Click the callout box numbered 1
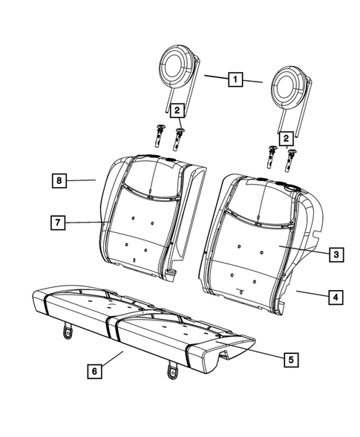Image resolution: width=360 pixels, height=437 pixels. coord(235,78)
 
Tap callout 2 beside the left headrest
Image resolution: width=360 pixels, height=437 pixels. coord(177,111)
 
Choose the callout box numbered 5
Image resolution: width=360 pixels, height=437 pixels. coord(290,360)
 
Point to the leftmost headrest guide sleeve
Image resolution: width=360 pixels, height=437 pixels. coord(160,135)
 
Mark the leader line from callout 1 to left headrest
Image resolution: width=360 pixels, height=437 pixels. coord(215,76)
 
